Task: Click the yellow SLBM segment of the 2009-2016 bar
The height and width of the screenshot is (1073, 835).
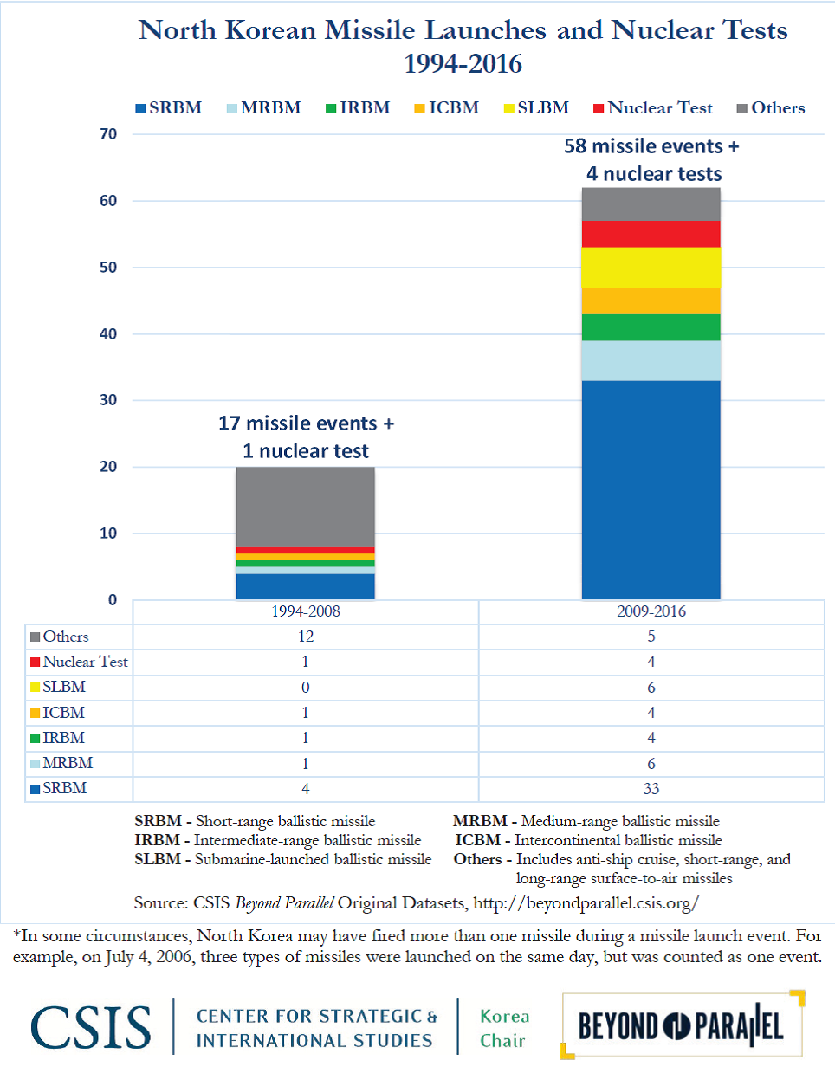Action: coord(651,267)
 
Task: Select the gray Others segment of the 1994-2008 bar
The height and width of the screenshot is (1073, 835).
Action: coord(306,507)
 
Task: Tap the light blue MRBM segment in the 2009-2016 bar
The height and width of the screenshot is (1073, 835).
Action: coord(651,360)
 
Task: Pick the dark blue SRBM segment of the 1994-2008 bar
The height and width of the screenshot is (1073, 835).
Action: coord(306,586)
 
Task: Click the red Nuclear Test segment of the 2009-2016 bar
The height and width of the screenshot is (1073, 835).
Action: coord(651,234)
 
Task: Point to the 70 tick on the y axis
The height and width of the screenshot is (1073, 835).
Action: coord(108,134)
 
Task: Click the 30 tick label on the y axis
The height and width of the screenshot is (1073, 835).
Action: coord(108,400)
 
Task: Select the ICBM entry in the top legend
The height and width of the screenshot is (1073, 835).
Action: coord(447,107)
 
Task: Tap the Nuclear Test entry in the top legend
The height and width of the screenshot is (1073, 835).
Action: coord(653,107)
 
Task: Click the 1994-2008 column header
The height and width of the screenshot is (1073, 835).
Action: coord(306,611)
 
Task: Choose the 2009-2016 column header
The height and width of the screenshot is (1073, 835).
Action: coord(651,611)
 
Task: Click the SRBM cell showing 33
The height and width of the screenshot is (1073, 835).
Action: coord(651,789)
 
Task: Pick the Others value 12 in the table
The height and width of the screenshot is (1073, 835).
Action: coord(306,637)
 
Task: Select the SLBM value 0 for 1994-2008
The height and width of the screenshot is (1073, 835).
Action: coord(306,688)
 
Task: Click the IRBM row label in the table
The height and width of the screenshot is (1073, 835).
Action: coord(57,738)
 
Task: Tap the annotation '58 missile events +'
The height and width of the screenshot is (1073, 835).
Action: coord(651,146)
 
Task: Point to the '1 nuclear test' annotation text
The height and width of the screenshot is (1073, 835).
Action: coord(306,451)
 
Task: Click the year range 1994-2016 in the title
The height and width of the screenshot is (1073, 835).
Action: coord(463,64)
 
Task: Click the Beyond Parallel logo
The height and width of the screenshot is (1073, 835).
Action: coord(682,1025)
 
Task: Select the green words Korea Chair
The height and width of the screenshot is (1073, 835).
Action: coord(504,1029)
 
